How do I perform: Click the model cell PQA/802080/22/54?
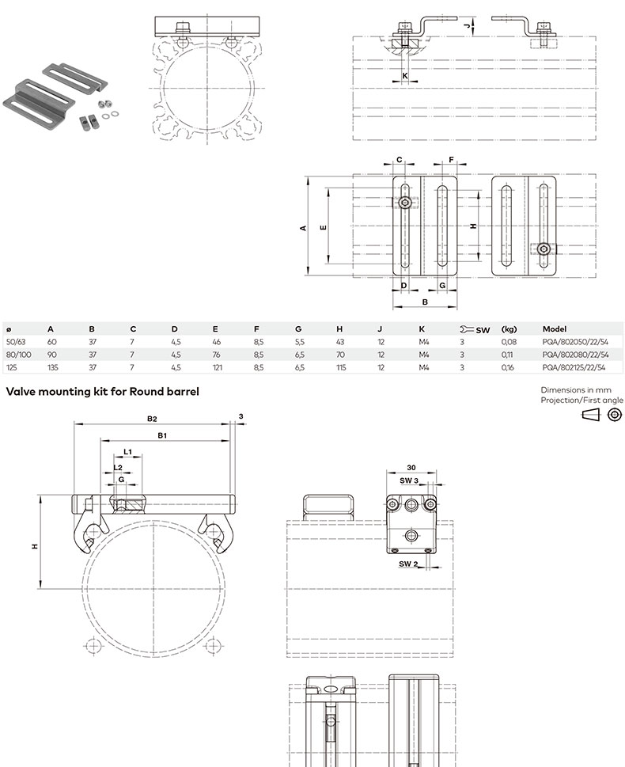tap(575, 355)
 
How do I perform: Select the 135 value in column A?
tap(53, 367)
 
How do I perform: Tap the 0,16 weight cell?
tap(508, 367)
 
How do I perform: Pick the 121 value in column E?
tap(218, 367)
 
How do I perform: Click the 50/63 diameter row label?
tap(16, 342)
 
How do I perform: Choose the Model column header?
tap(554, 329)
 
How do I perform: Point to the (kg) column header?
tap(509, 329)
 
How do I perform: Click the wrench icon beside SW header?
tap(467, 329)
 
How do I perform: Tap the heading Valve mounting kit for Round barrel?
tap(102, 391)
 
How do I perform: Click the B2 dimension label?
tap(152, 419)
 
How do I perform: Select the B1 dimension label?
tap(162, 435)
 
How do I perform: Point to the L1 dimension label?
tap(127, 451)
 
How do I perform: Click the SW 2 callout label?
tap(408, 564)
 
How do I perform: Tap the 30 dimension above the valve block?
tap(411, 468)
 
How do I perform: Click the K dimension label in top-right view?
tap(405, 76)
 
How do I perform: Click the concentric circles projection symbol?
tap(615, 415)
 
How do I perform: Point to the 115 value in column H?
tap(341, 367)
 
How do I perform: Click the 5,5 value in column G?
tap(300, 342)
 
